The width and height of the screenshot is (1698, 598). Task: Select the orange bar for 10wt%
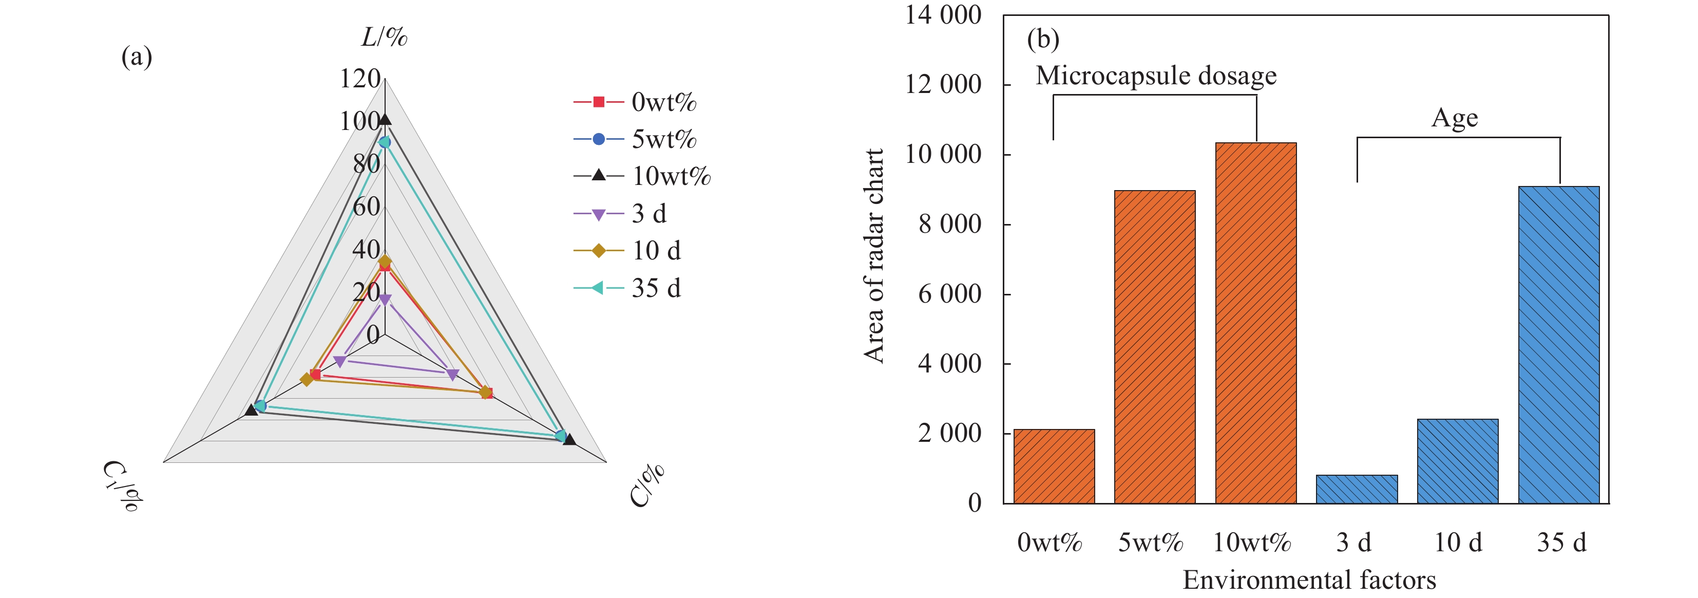pos(1256,323)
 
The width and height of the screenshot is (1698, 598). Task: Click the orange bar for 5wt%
pos(1155,347)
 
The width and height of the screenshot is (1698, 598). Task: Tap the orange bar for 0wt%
pos(1054,466)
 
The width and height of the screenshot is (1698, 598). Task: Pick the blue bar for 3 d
pos(1357,489)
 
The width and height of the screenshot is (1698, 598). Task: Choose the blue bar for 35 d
pos(1559,345)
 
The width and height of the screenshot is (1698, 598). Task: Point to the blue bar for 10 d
pos(1457,461)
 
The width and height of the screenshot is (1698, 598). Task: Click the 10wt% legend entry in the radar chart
pos(643,176)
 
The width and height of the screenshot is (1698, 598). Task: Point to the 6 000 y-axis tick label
pos(949,293)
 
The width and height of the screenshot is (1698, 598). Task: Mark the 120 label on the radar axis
pos(360,79)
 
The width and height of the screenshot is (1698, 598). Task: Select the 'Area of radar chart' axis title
pos(874,256)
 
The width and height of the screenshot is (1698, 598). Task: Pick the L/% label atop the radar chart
pos(384,37)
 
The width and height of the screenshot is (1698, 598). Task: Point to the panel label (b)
pos(1043,39)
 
